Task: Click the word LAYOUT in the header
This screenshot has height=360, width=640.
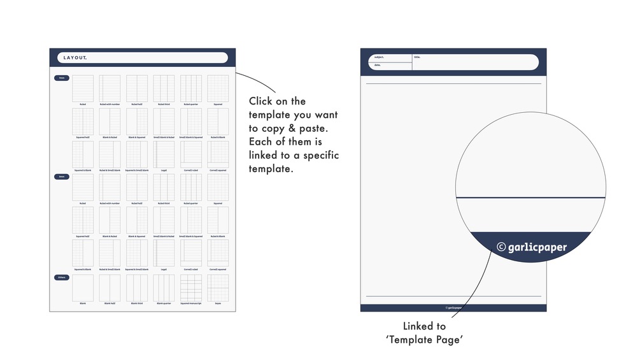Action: (x=75, y=58)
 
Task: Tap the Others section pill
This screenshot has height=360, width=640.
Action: (x=62, y=277)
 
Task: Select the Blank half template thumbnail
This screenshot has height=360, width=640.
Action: (x=110, y=288)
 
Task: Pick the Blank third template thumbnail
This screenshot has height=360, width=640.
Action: (x=137, y=288)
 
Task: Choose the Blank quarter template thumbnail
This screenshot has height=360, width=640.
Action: (x=164, y=288)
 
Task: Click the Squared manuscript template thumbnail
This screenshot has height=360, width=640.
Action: (x=191, y=288)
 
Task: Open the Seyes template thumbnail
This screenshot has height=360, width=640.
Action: (x=218, y=288)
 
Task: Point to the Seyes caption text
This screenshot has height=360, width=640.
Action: (x=218, y=304)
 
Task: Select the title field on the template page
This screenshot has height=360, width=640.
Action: (x=474, y=61)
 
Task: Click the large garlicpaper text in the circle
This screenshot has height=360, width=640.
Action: (x=537, y=247)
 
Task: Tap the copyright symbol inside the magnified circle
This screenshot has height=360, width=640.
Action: (x=501, y=247)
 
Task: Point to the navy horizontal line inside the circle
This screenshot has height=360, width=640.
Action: (x=530, y=198)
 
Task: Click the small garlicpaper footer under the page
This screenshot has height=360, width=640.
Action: (x=453, y=308)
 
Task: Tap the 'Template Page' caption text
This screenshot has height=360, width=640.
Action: (x=423, y=340)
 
